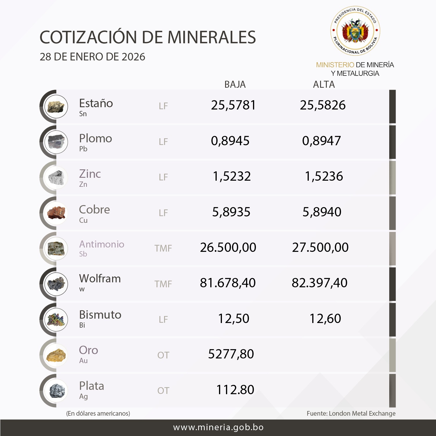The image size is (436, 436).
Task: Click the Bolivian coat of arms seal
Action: click(355, 31)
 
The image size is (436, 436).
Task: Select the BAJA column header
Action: click(235, 85)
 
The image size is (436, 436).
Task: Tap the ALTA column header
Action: click(324, 85)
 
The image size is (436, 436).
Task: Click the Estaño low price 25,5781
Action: click(233, 105)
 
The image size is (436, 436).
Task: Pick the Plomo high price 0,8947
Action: click(321, 141)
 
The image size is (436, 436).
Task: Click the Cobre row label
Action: click(94, 210)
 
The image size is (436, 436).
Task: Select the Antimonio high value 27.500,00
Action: click(320, 247)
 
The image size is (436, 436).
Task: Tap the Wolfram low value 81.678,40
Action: click(228, 283)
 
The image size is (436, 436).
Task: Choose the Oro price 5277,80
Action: click(231, 354)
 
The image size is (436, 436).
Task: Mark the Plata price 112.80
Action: click(235, 390)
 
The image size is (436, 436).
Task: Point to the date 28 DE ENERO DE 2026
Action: click(92, 57)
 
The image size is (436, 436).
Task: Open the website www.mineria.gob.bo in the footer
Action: click(218, 427)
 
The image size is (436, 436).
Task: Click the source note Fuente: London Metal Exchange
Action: click(351, 413)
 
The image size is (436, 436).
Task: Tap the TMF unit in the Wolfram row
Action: click(163, 284)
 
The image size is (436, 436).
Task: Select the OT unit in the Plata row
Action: click(163, 391)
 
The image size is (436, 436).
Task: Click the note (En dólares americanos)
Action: click(98, 413)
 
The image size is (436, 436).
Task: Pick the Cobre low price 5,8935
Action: click(231, 212)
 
